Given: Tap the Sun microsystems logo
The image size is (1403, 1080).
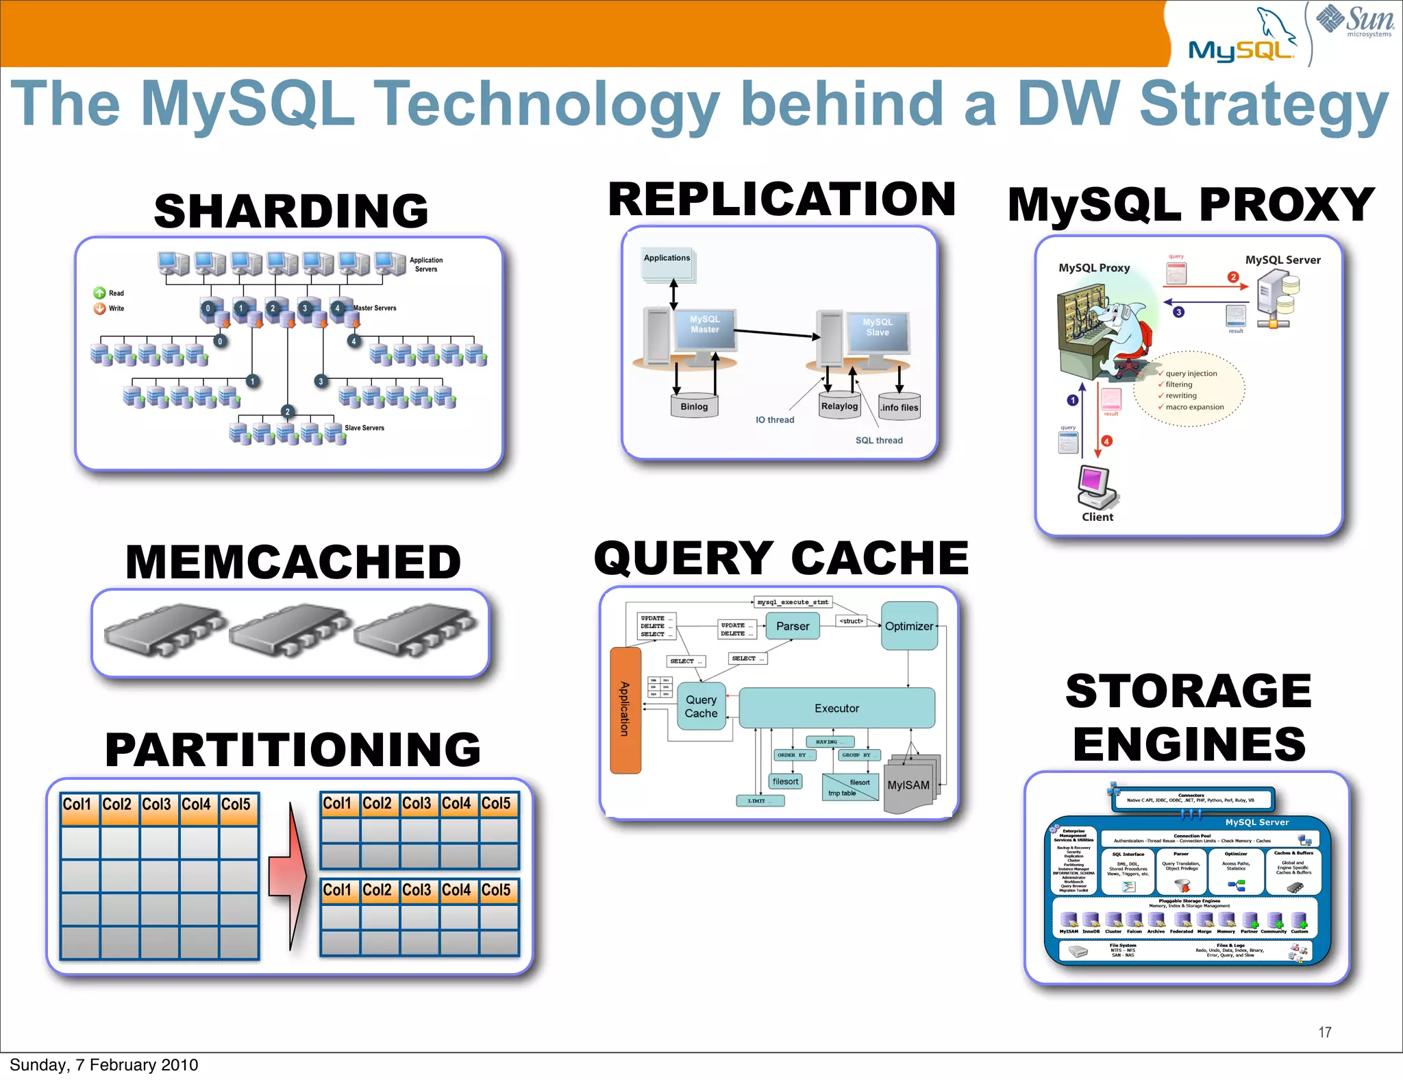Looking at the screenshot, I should point(1354,21).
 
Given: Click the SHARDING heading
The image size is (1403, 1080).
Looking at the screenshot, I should point(291,210).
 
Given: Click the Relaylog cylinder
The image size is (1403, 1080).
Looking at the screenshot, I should point(839,405).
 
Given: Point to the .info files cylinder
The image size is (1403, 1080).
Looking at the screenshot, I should point(899,406).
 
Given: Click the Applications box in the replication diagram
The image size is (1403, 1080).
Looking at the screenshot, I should point(667,263).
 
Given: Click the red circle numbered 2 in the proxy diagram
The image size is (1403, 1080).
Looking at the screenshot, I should point(1233,277).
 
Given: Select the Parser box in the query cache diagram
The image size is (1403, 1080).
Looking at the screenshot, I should point(793,626).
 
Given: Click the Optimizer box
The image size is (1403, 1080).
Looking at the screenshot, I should point(908,626).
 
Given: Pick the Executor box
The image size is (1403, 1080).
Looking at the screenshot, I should point(836,708).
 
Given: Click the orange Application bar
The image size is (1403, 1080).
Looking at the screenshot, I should point(625,709).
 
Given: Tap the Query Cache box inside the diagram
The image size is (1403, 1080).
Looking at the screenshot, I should point(701,707).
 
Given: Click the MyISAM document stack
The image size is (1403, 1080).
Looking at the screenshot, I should point(910,785).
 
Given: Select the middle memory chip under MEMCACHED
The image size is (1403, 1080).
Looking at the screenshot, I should point(290,631).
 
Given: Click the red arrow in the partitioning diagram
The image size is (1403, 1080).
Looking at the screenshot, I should point(288,876).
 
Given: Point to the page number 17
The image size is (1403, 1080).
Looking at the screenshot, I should point(1324,1032).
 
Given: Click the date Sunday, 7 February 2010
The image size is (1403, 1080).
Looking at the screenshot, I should point(103,1064).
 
